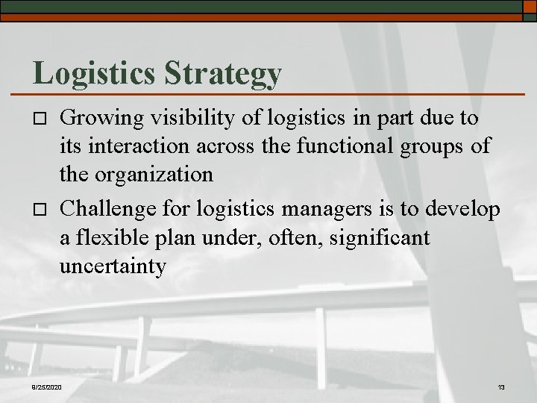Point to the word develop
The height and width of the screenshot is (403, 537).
coord(463,210)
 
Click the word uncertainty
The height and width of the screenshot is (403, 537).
coord(113,267)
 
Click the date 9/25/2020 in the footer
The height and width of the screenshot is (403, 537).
coord(47,387)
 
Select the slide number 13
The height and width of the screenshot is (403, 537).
coord(500,387)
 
